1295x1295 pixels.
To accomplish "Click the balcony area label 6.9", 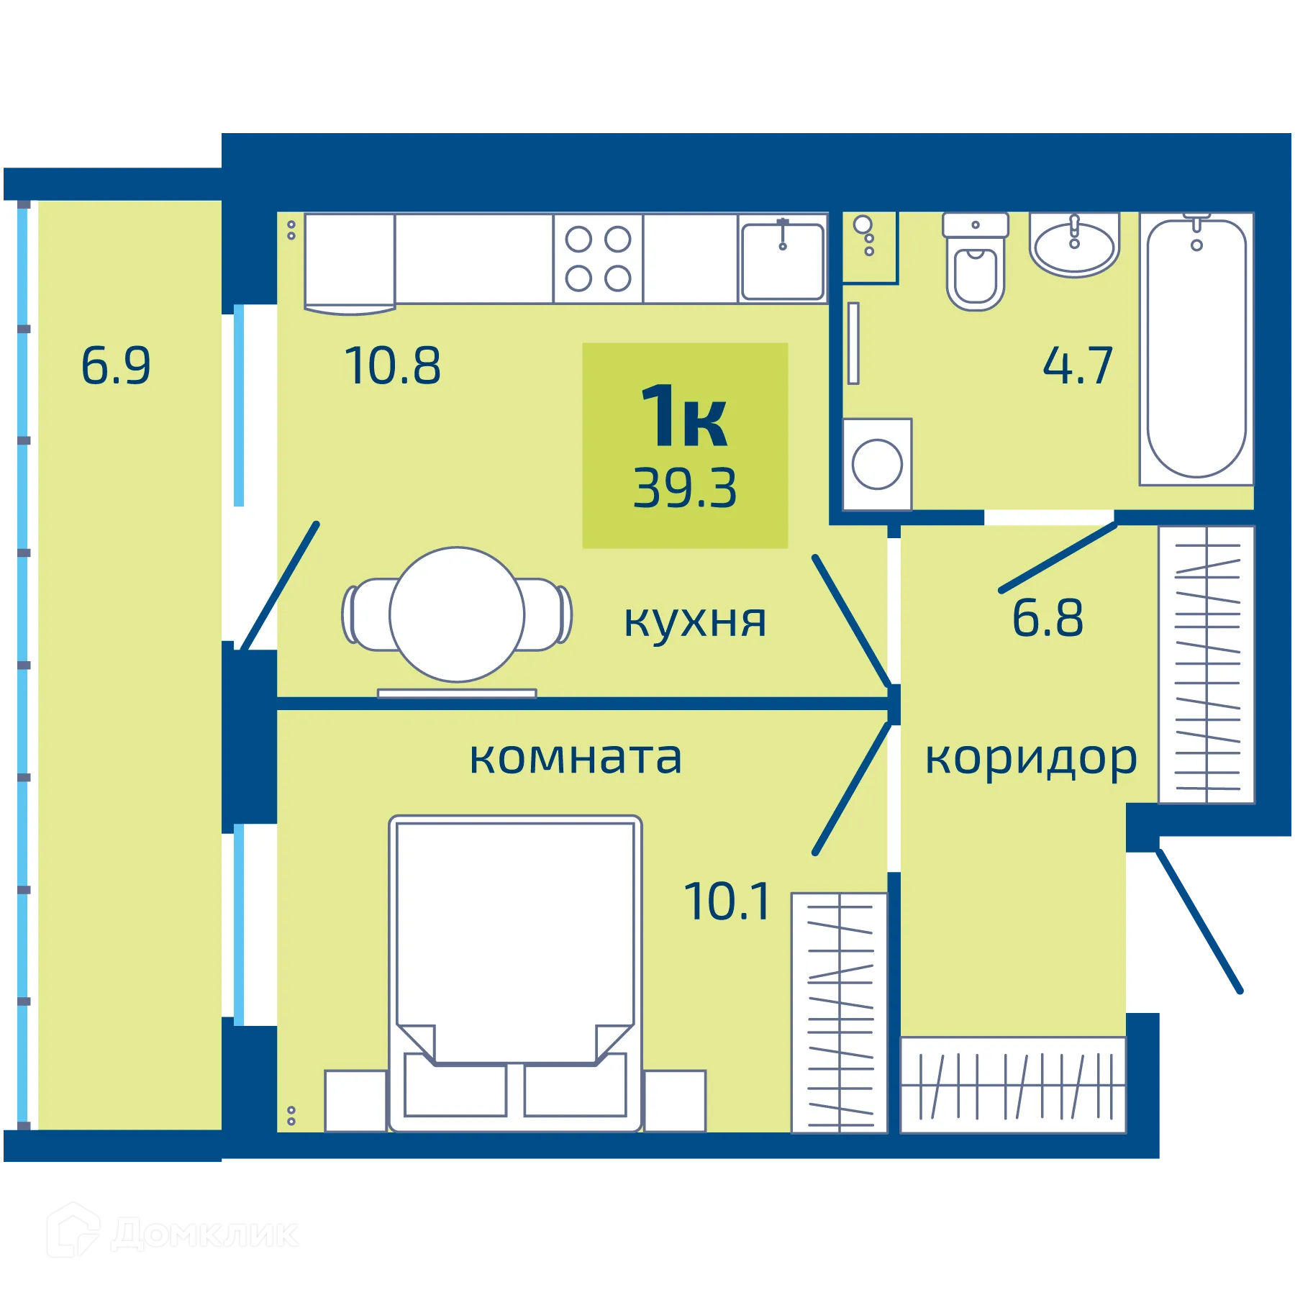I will (x=116, y=365).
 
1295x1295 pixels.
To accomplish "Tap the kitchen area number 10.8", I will (x=392, y=365).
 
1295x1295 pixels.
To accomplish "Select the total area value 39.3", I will (x=685, y=489).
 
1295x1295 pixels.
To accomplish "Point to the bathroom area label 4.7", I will (x=1078, y=365).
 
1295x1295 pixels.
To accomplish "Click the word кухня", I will (x=694, y=621).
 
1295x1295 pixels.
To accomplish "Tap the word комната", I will (x=576, y=758).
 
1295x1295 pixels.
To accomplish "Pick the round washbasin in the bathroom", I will (x=1074, y=245).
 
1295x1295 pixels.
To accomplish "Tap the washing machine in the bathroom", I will (x=877, y=464).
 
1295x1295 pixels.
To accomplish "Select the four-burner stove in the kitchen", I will (x=598, y=258).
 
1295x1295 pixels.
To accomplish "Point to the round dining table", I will (x=457, y=614).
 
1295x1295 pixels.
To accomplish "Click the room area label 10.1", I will (x=727, y=901).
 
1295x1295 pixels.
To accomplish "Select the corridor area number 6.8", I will (x=1047, y=618).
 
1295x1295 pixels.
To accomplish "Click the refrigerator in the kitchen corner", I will (x=350, y=262).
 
